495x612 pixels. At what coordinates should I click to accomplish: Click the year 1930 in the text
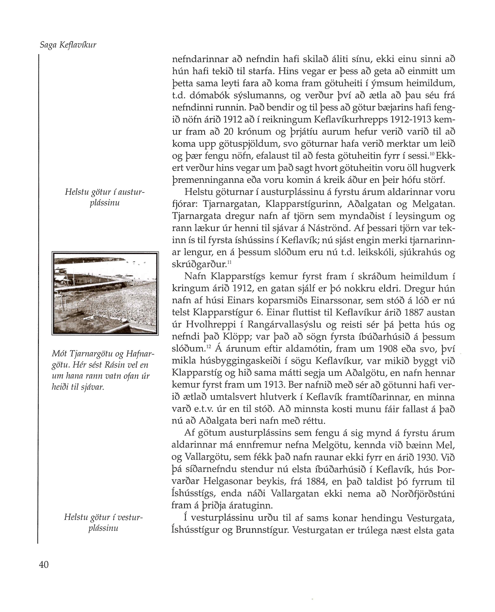pyautogui.click(x=427, y=457)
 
